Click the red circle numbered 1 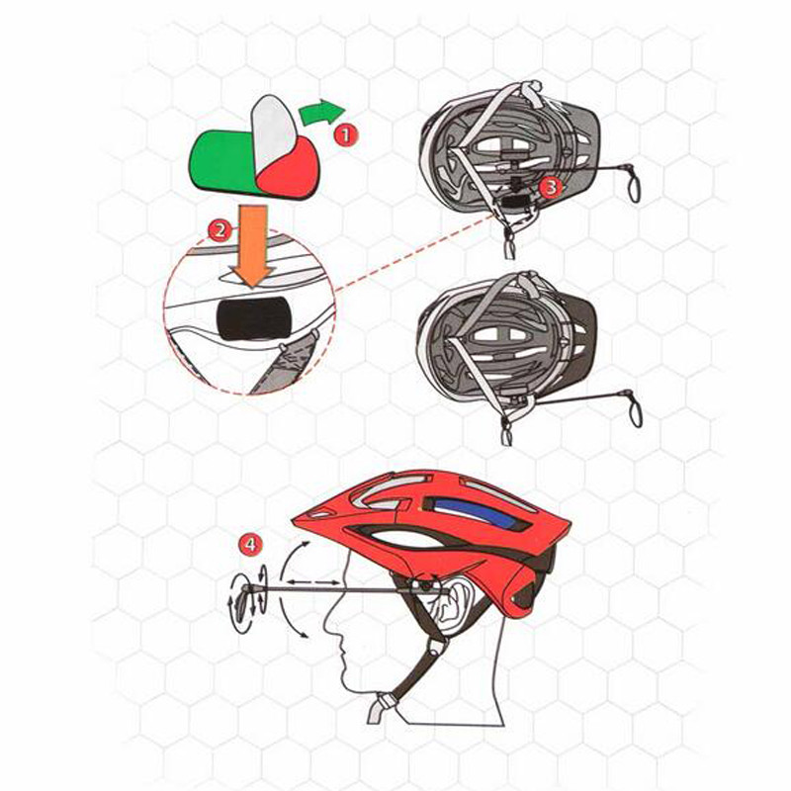[345, 134]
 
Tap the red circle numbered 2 [220, 231]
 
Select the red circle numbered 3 [551, 186]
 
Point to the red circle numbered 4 [250, 545]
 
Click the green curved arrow [320, 112]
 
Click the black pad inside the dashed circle [253, 317]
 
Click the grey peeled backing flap [273, 132]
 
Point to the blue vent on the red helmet [478, 513]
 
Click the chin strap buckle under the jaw [385, 702]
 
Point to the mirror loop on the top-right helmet [634, 188]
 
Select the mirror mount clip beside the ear [423, 584]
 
